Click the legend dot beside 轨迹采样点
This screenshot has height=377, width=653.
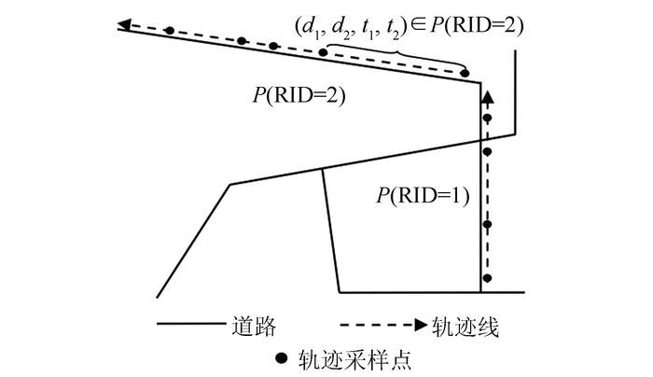277,357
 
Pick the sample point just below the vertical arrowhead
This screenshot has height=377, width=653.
485,116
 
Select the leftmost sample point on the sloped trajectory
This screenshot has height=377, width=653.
169,30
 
